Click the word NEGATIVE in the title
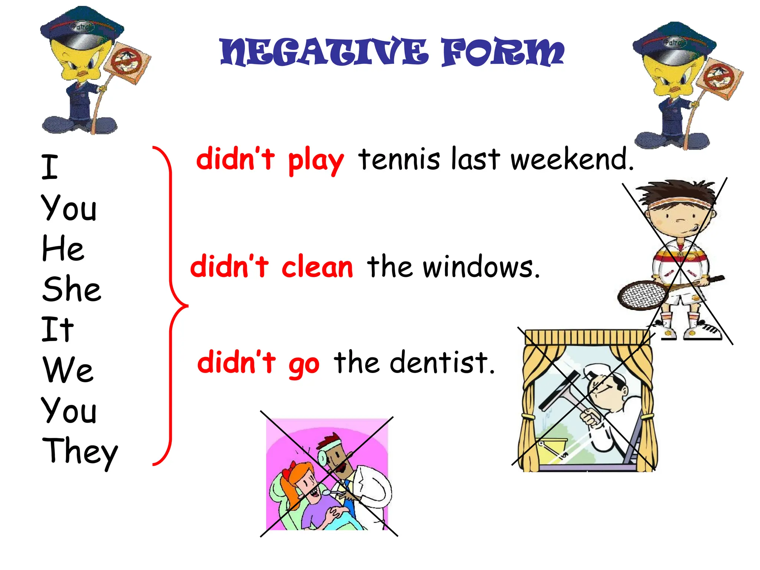pos(324,53)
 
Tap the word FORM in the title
pos(502,53)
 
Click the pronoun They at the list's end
pos(80,451)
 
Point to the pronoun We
pos(68,370)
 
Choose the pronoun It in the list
pos(58,329)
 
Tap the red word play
pos(316,161)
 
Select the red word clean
pos(317,267)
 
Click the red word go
pos(304,364)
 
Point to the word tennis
pos(399,159)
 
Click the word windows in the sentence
pos(481,267)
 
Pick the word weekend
pos(571,159)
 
